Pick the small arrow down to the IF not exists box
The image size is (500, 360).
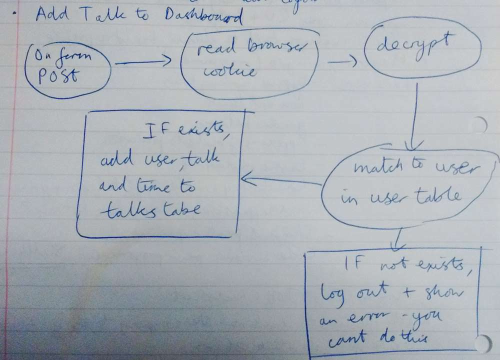pos(398,239)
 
